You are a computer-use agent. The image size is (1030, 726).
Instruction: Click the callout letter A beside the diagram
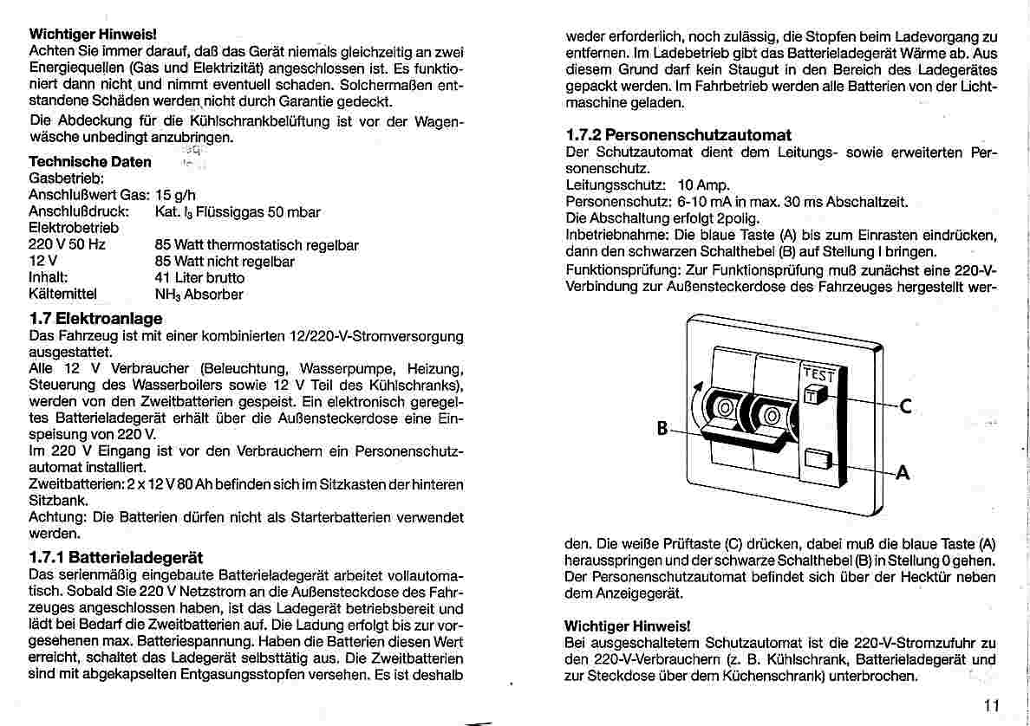pyautogui.click(x=903, y=473)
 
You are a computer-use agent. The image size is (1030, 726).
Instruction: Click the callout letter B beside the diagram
pyautogui.click(x=662, y=428)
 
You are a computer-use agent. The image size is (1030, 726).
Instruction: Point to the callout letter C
pyautogui.click(x=905, y=406)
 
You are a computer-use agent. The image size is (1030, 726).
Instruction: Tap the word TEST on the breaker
pyautogui.click(x=818, y=375)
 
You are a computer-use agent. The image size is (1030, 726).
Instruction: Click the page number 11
pyautogui.click(x=993, y=704)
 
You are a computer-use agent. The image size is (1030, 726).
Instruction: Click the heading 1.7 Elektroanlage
pyautogui.click(x=95, y=319)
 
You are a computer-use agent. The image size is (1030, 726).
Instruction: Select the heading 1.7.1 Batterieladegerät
pyautogui.click(x=115, y=557)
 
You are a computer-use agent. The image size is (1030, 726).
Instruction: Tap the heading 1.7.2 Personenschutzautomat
pyautogui.click(x=678, y=135)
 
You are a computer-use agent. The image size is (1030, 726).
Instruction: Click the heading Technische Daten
pyautogui.click(x=90, y=162)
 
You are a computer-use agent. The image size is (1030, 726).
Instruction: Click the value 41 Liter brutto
pyautogui.click(x=199, y=278)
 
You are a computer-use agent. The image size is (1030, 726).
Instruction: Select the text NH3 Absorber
pyautogui.click(x=199, y=295)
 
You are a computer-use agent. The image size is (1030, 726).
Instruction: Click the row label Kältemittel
pyautogui.click(x=63, y=295)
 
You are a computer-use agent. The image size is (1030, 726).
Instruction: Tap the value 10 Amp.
pyautogui.click(x=704, y=185)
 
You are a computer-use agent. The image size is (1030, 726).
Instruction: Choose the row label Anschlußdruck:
pyautogui.click(x=79, y=211)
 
